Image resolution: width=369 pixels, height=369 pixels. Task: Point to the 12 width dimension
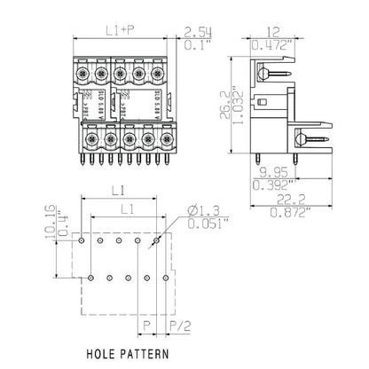[x=265, y=31]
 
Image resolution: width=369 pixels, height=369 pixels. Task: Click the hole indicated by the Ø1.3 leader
[x=156, y=240]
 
